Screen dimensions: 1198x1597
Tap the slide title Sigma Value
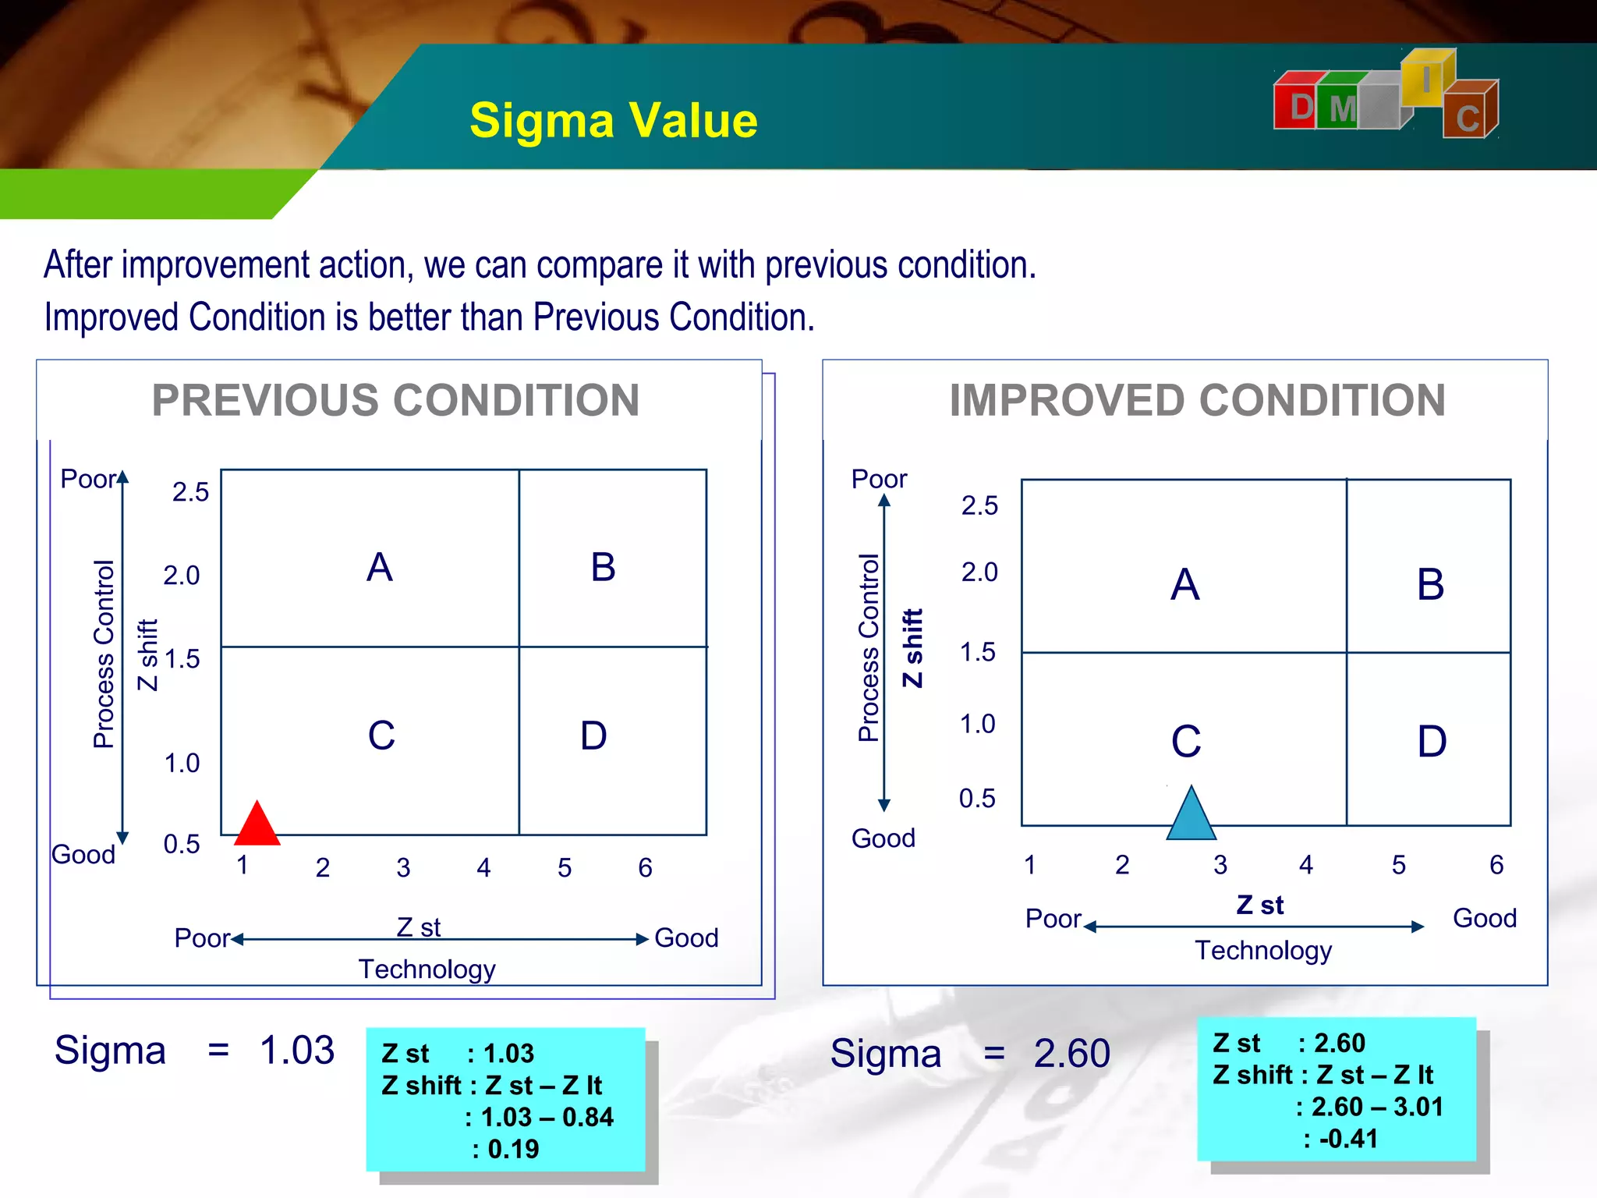613,121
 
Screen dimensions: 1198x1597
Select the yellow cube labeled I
1426,79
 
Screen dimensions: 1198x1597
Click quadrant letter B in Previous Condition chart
603,567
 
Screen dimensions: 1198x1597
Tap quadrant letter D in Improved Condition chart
1432,741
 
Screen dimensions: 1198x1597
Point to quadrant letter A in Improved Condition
1184,584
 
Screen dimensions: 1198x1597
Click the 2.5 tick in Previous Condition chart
190,492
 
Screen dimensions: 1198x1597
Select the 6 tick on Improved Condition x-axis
1496,865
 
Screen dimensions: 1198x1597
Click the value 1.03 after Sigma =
297,1050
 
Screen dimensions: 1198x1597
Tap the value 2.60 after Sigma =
1071,1054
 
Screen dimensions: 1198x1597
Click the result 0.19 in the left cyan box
513,1149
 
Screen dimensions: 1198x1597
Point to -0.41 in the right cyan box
1348,1139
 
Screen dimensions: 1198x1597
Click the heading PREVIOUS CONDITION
395,401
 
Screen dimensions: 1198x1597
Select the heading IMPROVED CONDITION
1197,401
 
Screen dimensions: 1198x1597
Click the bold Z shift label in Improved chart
912,647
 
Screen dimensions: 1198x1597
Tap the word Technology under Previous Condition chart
427,969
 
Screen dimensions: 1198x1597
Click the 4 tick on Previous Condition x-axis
483,868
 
